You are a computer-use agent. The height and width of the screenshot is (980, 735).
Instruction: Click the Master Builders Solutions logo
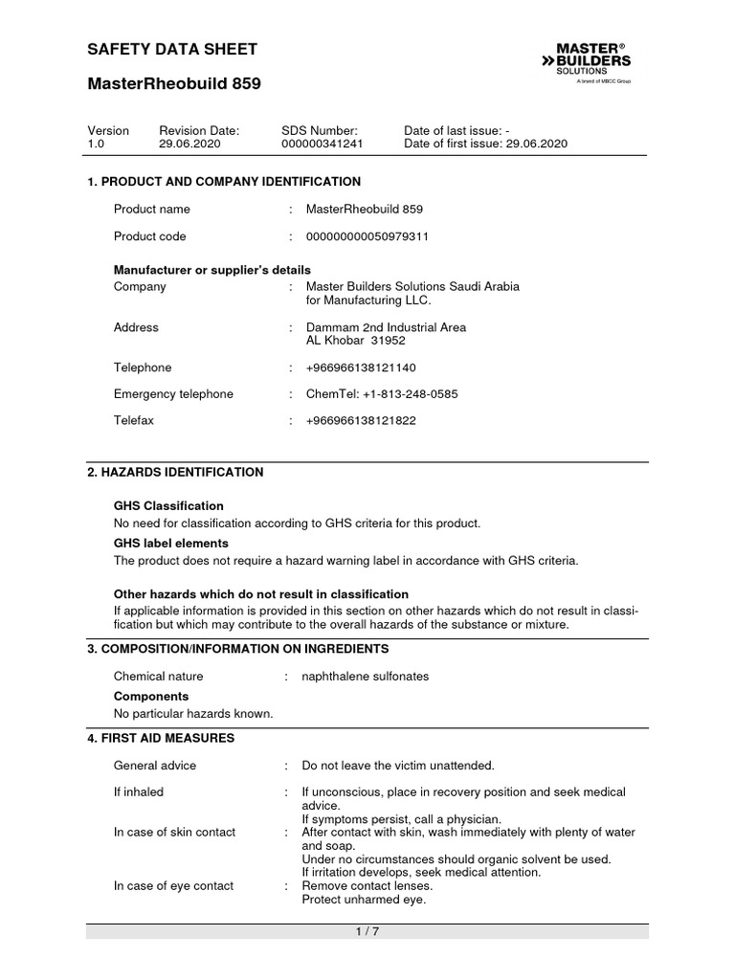point(594,64)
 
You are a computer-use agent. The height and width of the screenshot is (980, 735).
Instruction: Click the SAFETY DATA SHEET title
point(171,49)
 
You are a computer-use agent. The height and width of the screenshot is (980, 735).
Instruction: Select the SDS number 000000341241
point(323,144)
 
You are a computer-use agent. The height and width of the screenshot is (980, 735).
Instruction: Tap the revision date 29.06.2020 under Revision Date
point(189,144)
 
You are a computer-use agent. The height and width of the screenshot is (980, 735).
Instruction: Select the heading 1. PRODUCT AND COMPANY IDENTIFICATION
point(224,181)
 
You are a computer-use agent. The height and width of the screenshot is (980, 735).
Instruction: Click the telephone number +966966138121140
point(361,367)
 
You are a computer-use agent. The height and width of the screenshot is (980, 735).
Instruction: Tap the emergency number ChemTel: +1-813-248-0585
point(381,393)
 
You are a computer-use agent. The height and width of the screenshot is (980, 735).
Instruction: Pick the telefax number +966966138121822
point(361,420)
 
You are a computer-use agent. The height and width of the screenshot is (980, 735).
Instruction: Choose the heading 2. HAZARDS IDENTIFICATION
point(175,472)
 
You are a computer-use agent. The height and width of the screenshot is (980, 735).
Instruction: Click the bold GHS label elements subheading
point(170,544)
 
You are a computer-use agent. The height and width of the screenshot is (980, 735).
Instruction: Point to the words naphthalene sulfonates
point(366,676)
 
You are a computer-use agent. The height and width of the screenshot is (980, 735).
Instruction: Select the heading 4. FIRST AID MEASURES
point(161,738)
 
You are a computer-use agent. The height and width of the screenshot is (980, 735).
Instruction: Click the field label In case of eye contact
point(173,885)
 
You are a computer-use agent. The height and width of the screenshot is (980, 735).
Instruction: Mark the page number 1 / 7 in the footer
point(367,932)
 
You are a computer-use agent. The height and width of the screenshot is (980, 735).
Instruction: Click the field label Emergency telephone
point(173,393)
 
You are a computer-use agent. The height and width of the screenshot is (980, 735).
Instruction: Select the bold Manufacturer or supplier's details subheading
point(212,270)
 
